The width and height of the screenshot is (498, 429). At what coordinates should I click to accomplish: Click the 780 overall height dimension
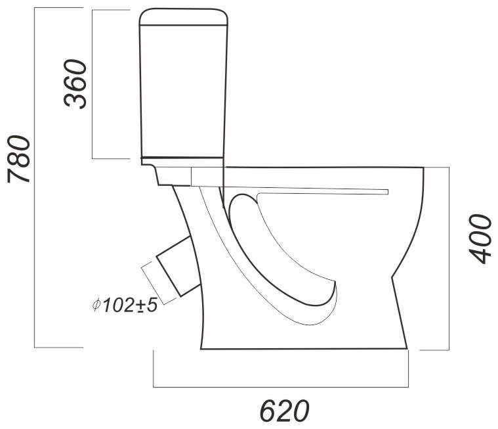pyautogui.click(x=19, y=160)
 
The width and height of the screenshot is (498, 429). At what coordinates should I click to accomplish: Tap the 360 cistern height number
pyautogui.click(x=75, y=83)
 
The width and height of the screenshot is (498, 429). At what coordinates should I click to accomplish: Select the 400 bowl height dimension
pyautogui.click(x=480, y=239)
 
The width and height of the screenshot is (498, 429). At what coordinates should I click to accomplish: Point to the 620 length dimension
pyautogui.click(x=284, y=411)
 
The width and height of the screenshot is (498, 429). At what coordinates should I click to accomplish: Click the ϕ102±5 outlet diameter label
pyautogui.click(x=125, y=305)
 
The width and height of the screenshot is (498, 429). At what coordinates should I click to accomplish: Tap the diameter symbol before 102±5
pyautogui.click(x=96, y=305)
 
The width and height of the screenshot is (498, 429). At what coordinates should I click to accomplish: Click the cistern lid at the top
pyautogui.click(x=184, y=16)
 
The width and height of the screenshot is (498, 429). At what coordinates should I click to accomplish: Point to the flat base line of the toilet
pyautogui.click(x=304, y=349)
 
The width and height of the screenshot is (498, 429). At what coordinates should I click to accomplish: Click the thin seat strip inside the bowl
pyautogui.click(x=322, y=191)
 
